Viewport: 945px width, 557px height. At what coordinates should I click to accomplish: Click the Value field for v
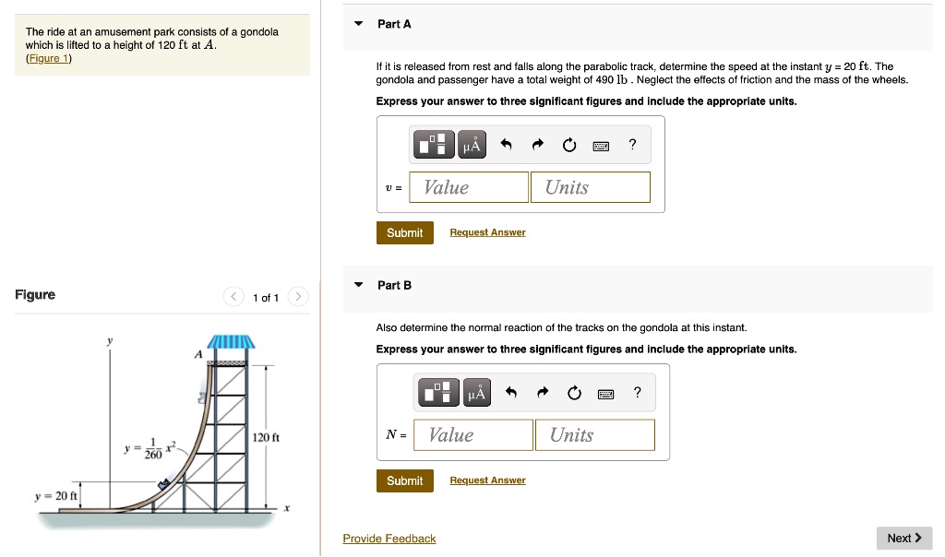click(470, 187)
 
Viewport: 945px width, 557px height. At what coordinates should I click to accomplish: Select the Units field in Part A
click(590, 187)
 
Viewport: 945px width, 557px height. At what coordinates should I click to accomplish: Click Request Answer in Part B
click(487, 480)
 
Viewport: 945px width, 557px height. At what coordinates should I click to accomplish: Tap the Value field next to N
click(473, 435)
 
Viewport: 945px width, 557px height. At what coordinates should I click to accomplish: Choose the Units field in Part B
click(594, 435)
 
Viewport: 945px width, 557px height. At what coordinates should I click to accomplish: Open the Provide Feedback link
click(389, 539)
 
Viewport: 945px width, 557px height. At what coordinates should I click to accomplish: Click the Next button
click(903, 538)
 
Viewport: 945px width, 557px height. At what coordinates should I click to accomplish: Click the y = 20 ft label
click(54, 495)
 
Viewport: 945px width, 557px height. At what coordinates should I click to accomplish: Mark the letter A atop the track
click(197, 354)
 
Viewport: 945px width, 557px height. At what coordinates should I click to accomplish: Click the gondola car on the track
click(165, 483)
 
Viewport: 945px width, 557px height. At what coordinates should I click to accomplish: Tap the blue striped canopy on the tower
click(231, 343)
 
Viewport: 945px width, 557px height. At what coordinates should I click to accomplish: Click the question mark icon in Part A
click(632, 144)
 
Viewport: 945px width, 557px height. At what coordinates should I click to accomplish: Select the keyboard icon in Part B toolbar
click(606, 394)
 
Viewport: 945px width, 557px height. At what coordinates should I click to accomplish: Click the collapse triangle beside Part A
click(359, 24)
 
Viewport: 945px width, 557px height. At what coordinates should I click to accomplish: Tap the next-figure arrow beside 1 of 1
click(297, 297)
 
